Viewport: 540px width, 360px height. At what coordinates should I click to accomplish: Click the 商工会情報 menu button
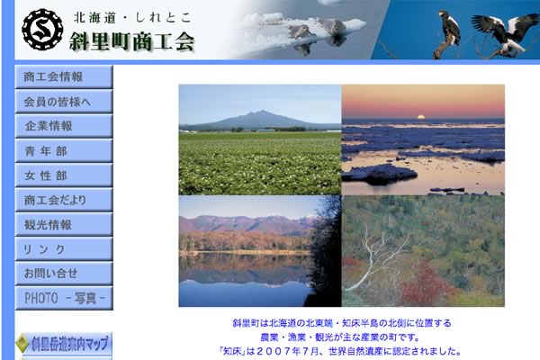[64, 76]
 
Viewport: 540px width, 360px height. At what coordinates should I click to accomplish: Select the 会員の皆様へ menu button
[64, 102]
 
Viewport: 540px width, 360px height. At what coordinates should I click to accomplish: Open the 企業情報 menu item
[64, 126]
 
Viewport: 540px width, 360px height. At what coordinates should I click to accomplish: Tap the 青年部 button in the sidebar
[64, 150]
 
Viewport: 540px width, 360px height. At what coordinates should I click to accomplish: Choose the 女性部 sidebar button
[64, 175]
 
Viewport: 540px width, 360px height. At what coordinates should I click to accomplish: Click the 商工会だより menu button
[64, 200]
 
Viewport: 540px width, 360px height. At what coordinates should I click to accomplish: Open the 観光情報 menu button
[64, 224]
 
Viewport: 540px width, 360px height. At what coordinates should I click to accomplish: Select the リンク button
[64, 248]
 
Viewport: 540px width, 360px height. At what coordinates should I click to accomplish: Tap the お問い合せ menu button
[64, 274]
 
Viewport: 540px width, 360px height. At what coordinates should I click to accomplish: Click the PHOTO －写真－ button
[64, 298]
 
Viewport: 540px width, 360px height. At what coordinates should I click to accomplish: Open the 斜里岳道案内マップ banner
[64, 344]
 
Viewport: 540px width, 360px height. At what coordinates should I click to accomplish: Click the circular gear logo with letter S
[42, 30]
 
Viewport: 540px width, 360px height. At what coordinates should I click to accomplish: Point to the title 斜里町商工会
[132, 41]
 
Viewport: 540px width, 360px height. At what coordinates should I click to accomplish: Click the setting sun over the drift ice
[420, 117]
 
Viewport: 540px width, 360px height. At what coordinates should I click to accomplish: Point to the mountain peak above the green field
[260, 112]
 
